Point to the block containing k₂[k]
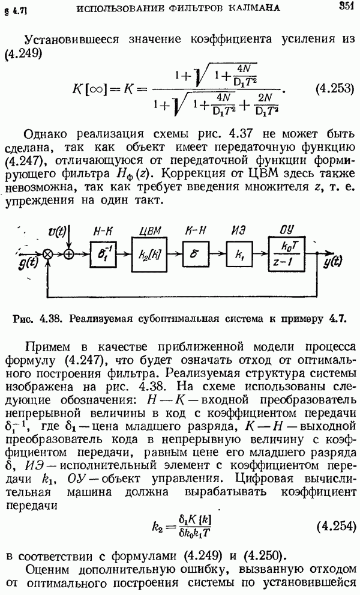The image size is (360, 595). point(149,255)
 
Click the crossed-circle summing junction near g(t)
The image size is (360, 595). point(48,255)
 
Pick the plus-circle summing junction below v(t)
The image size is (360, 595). point(68,255)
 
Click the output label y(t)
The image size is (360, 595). point(332,262)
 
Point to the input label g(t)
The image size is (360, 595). point(27,263)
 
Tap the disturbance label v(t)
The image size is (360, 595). point(58,231)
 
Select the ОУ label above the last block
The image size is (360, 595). point(286,230)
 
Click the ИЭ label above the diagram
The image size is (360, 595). point(239,231)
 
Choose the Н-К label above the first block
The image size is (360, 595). point(104,231)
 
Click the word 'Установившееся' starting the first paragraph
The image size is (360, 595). point(71,40)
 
